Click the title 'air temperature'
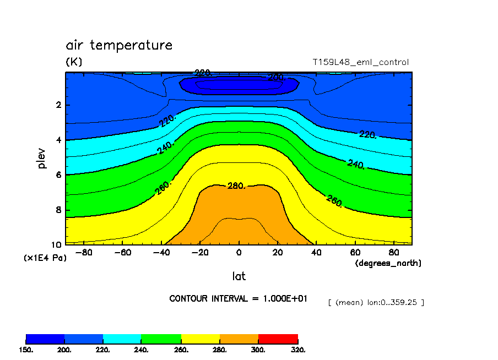pos(119,45)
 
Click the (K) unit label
pos(74,62)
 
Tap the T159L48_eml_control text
pos(360,62)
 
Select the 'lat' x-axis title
pos(239,276)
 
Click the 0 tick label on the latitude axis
pos(239,253)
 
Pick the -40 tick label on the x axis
pos(161,253)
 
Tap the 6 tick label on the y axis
pos(58,175)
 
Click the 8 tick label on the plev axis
pos(58,210)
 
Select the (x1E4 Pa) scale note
pos(45,258)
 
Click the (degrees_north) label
pos(388,263)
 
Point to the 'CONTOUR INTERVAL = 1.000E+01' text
pos(238,298)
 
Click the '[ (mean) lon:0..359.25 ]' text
pos(376,302)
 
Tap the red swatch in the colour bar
pos(278,339)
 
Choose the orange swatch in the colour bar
pos(239,339)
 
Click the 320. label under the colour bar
pos(297,350)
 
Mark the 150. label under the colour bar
pos(26,350)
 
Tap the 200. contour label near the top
pos(275,77)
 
